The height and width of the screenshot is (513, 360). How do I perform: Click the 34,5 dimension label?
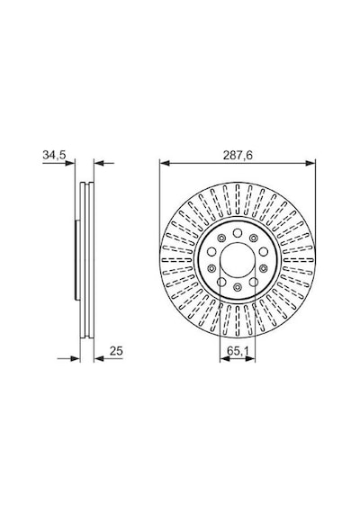coord(54,155)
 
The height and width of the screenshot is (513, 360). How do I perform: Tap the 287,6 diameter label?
coord(238,156)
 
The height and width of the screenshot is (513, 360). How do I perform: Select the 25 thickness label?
coord(116,351)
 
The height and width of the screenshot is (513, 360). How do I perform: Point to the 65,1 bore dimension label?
coord(238,351)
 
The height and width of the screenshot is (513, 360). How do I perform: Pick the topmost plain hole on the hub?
coord(238,233)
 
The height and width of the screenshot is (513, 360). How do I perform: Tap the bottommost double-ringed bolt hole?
coord(238,287)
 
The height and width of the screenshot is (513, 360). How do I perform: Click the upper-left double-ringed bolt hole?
coord(221,238)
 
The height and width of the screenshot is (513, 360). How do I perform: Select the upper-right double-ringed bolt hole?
coord(254,238)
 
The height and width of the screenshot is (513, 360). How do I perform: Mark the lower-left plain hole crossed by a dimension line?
coord(221,282)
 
